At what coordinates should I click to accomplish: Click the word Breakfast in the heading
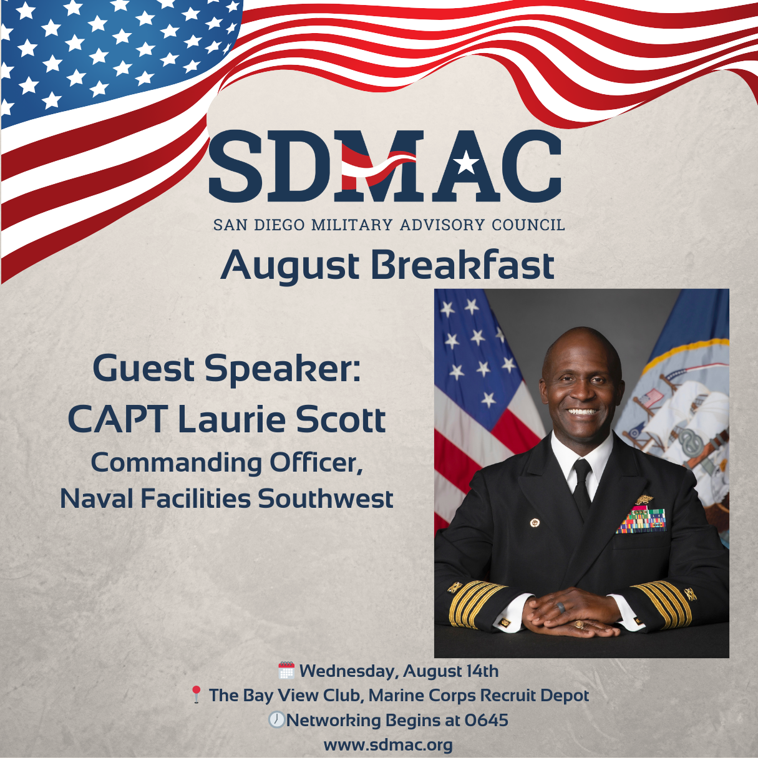[x=462, y=265]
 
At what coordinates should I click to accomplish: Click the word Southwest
[x=326, y=499]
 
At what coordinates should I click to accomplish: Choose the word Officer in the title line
[x=316, y=463]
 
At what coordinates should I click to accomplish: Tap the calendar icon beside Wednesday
[x=286, y=671]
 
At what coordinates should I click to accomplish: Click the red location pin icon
[x=196, y=695]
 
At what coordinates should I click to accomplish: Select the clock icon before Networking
[x=276, y=720]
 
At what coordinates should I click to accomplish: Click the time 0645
[x=487, y=721]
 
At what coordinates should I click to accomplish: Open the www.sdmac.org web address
[x=388, y=745]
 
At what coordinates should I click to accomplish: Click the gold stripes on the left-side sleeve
[x=474, y=603]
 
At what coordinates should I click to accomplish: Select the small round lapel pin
[x=534, y=522]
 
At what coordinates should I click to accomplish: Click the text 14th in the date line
[x=481, y=671]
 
